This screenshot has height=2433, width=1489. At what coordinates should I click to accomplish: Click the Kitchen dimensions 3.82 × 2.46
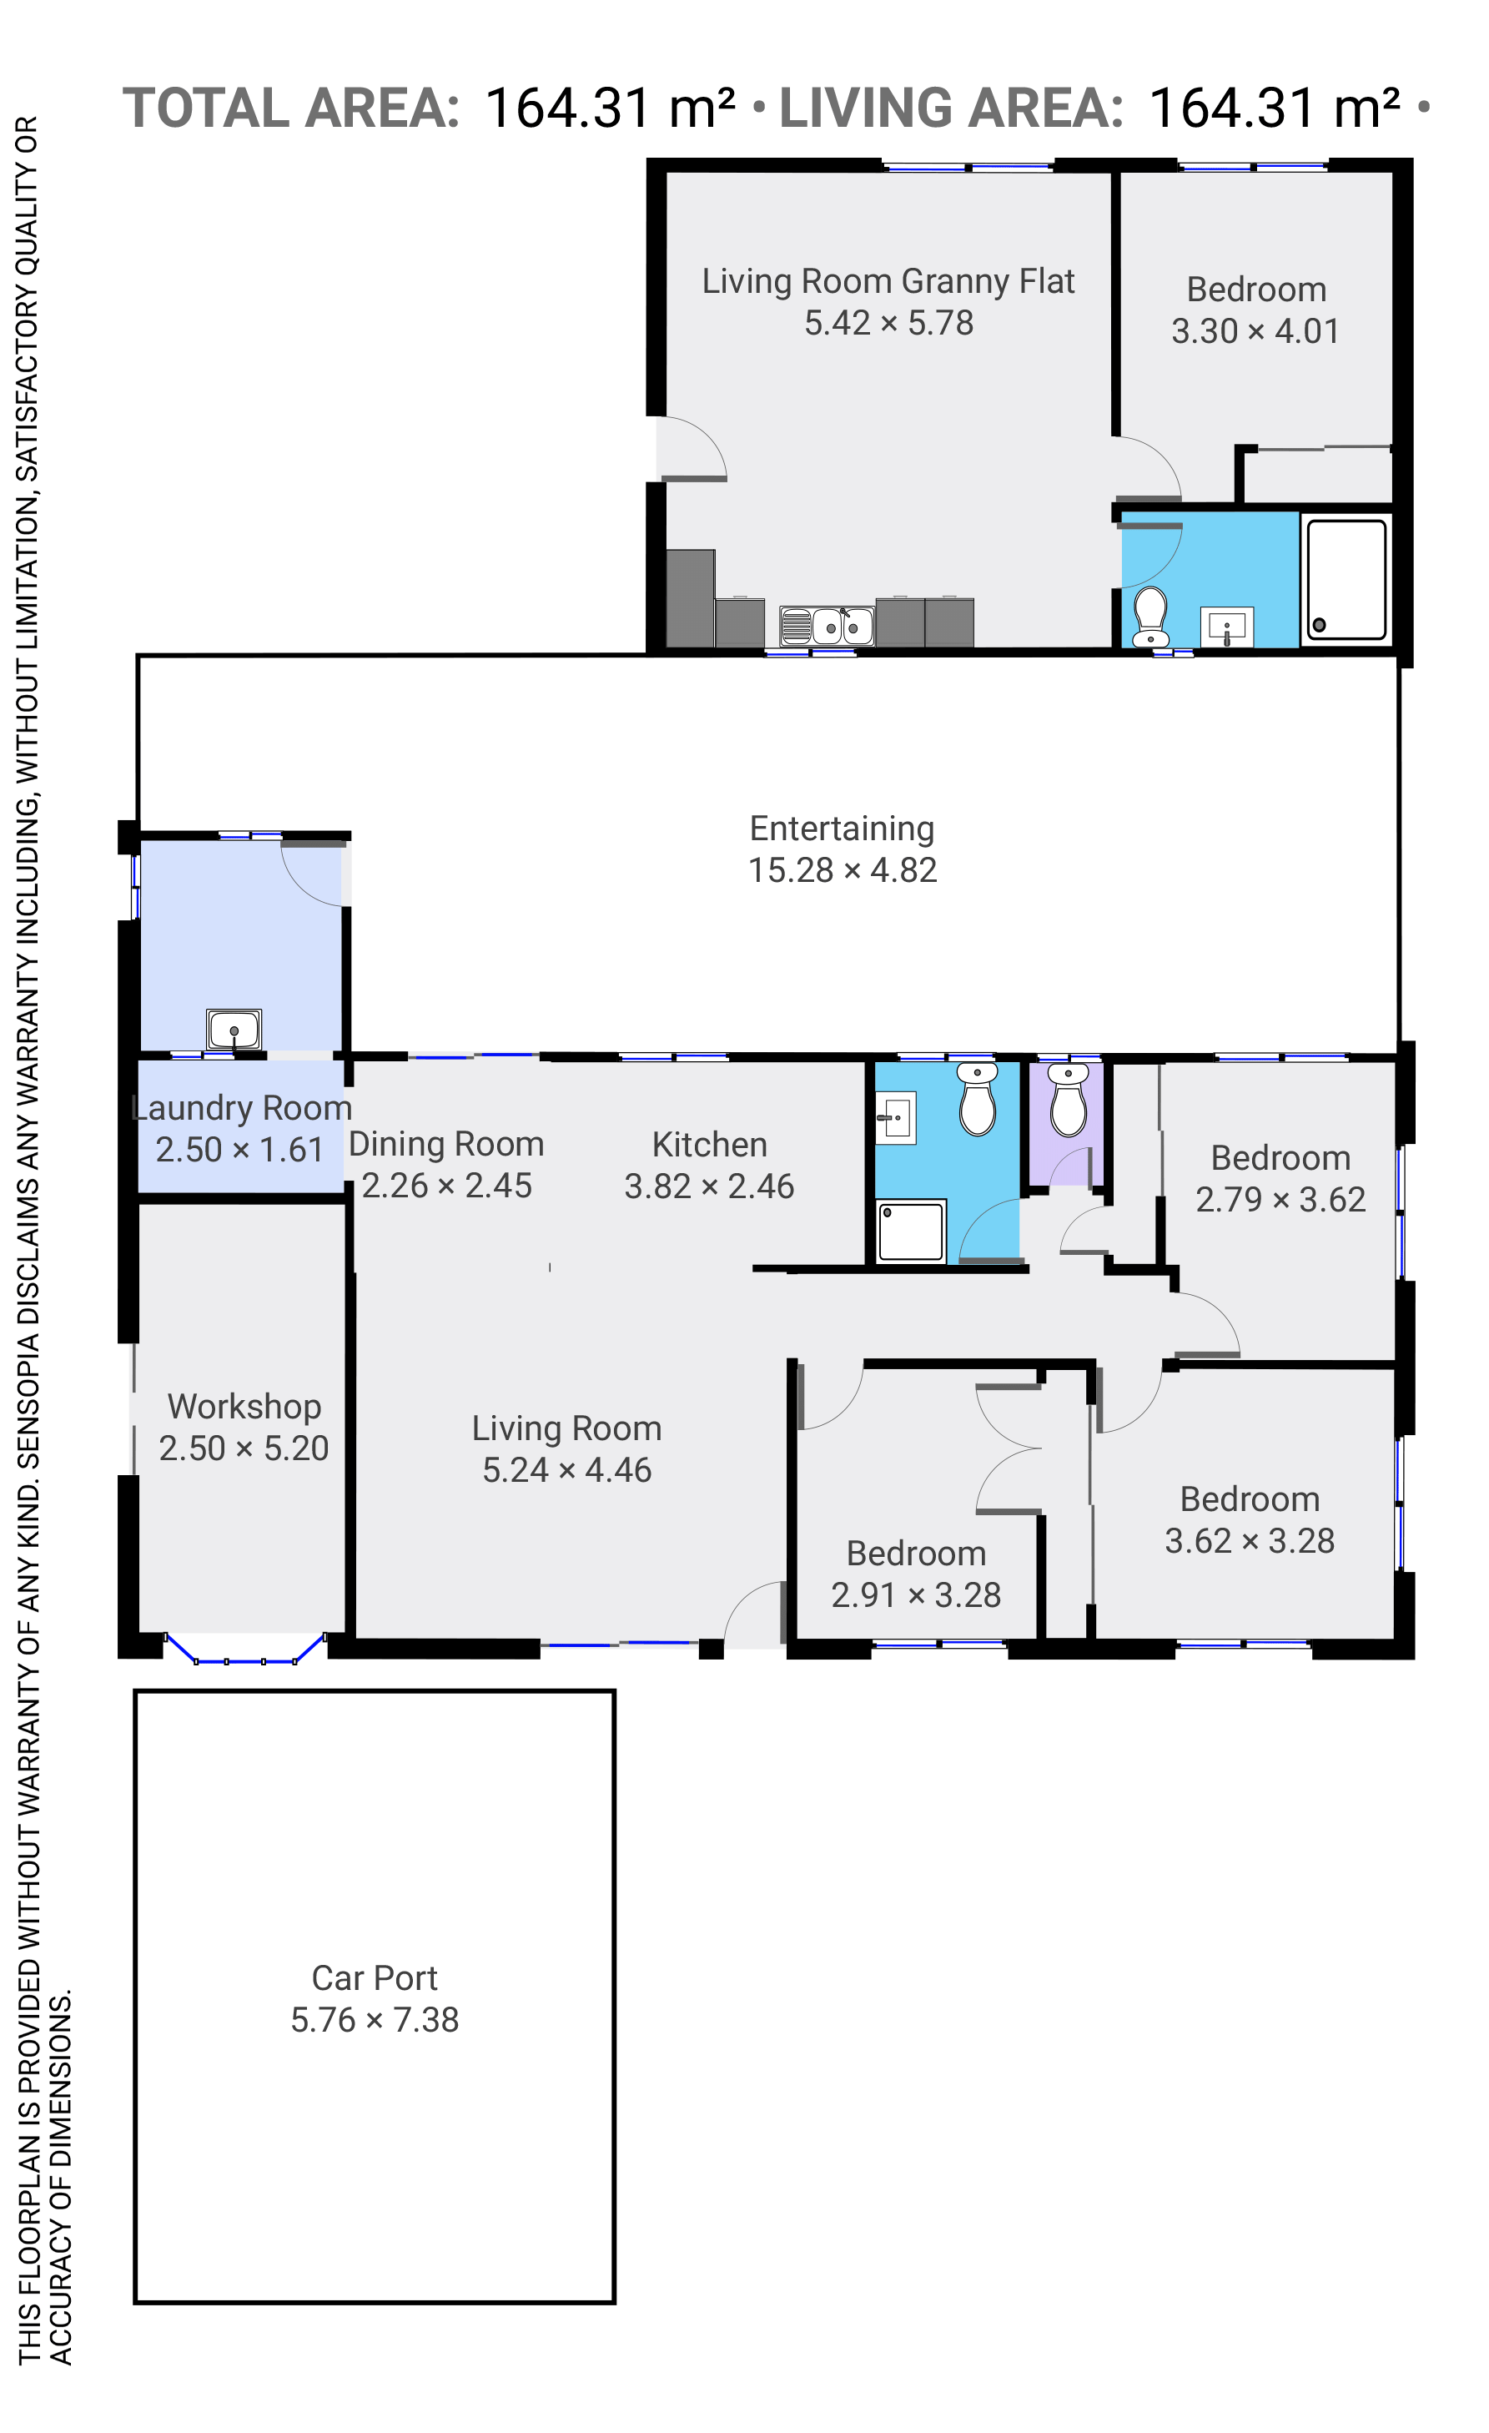[709, 1186]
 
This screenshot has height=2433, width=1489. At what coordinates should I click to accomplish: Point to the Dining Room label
[446, 1143]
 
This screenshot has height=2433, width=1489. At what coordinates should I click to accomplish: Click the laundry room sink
[234, 1029]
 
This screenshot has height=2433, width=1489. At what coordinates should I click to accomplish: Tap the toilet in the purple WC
[1068, 1100]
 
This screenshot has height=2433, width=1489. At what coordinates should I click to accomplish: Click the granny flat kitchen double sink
[827, 625]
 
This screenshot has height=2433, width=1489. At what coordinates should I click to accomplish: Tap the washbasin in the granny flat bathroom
[1226, 627]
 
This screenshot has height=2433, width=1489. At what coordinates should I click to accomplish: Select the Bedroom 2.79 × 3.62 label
[1280, 1179]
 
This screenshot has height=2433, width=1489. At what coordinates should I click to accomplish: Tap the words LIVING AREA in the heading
[951, 108]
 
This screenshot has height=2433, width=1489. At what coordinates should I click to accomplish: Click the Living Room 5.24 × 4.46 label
[566, 1449]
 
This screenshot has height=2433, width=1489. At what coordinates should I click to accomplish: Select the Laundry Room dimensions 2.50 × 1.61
[240, 1151]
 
